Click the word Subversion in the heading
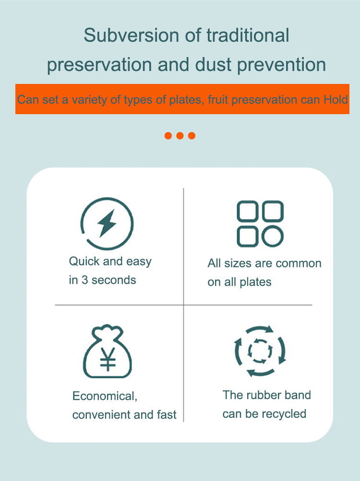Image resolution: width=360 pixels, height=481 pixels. pos(132,35)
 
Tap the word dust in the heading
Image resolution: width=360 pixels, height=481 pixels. pos(213,65)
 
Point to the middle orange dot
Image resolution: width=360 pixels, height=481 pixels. pos(180,136)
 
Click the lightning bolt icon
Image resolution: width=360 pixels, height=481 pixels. pos(107,223)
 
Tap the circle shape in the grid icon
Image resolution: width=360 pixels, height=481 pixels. pos(273,236)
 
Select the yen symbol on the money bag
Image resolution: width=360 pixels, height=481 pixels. pos(108,359)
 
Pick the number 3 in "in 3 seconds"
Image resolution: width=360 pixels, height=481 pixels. pos(85,280)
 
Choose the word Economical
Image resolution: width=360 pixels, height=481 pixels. pos(105,396)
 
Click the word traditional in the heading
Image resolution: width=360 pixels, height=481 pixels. pos(248,35)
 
